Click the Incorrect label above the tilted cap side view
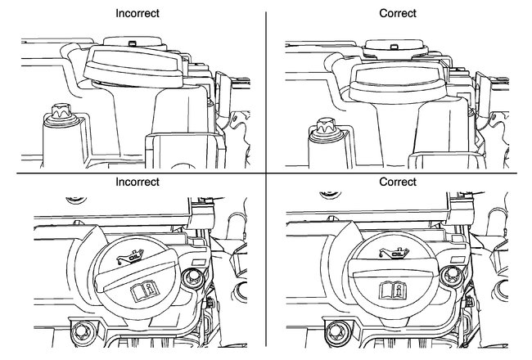point(137,14)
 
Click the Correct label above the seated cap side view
point(399,14)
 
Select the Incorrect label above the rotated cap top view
point(137,182)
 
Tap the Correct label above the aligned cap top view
point(399,182)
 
